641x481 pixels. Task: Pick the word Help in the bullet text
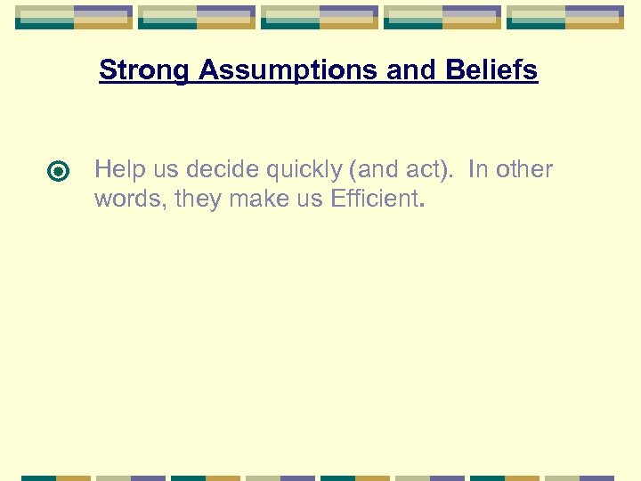click(x=116, y=169)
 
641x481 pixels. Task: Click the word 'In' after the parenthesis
click(x=477, y=169)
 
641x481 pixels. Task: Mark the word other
click(x=525, y=169)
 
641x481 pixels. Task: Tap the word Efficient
click(x=373, y=199)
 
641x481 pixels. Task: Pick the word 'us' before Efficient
click(x=312, y=199)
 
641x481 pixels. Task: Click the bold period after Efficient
click(x=421, y=205)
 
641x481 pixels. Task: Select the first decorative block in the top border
click(x=74, y=17)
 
